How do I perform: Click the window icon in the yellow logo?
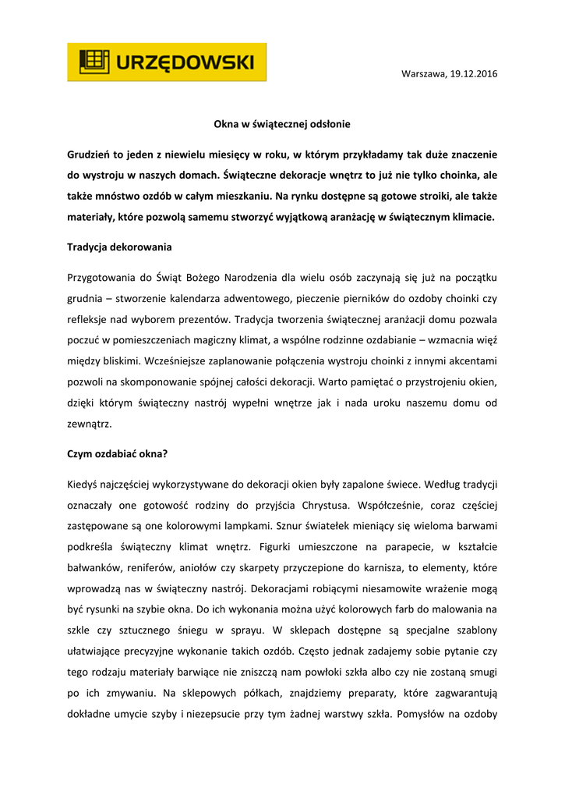click(93, 62)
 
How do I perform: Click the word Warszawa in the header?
click(423, 73)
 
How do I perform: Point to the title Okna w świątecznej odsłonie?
click(282, 123)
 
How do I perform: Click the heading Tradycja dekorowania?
click(119, 247)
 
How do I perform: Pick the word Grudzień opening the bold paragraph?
click(91, 154)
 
